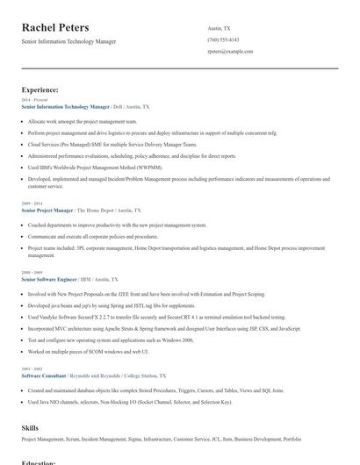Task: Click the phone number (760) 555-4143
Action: point(223,39)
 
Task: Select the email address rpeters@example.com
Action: point(230,52)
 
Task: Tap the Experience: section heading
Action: point(40,90)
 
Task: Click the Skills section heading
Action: point(30,427)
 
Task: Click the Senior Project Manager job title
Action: point(47,211)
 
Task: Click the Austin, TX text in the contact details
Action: point(220,28)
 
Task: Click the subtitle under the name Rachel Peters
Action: point(68,41)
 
